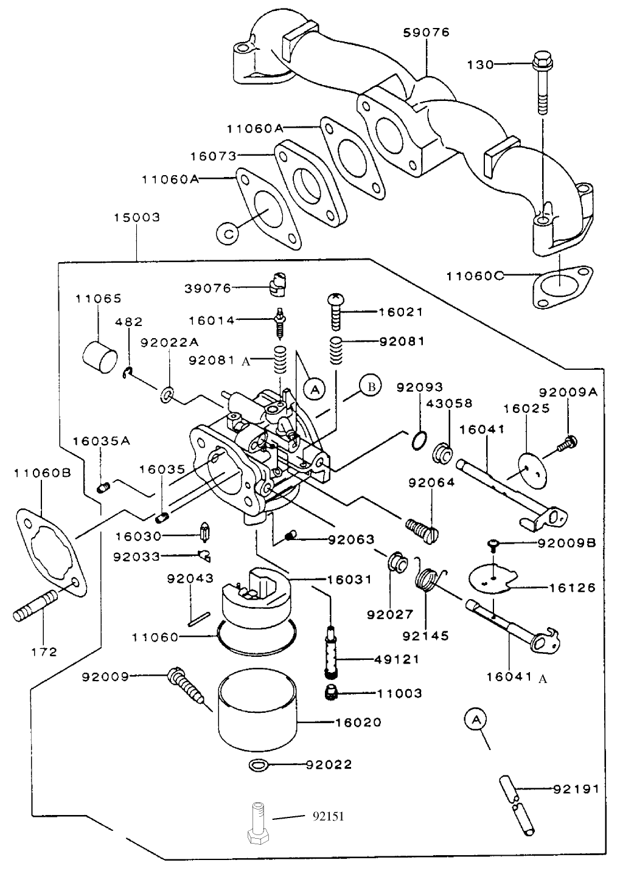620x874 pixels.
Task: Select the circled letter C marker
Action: coord(226,234)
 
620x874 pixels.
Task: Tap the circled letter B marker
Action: coord(371,386)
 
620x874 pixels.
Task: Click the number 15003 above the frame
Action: coord(136,217)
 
